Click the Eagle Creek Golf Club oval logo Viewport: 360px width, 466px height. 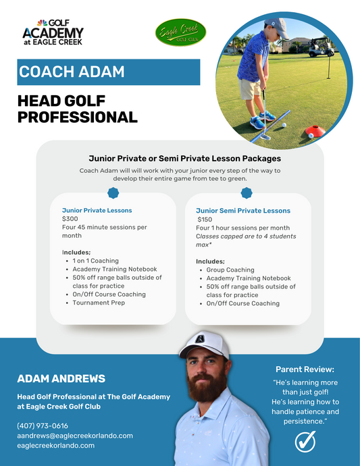click(x=180, y=33)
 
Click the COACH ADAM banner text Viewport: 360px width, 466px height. click(x=63, y=72)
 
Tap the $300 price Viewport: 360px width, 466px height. click(x=71, y=219)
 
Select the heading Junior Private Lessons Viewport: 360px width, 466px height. click(x=97, y=210)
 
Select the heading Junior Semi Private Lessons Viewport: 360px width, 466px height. click(x=243, y=211)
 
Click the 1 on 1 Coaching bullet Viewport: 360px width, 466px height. click(x=95, y=261)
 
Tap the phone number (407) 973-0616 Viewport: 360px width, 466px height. click(x=43, y=425)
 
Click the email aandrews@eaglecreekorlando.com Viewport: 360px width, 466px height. click(x=75, y=436)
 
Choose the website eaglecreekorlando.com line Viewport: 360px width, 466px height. click(x=56, y=446)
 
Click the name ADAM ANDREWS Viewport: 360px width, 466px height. click(x=61, y=378)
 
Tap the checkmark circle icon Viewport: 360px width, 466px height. click(x=305, y=442)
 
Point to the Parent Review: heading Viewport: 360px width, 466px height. click(x=305, y=369)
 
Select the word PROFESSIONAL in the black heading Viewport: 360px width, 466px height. click(x=77, y=118)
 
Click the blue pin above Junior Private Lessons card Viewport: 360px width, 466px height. click(x=113, y=193)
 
